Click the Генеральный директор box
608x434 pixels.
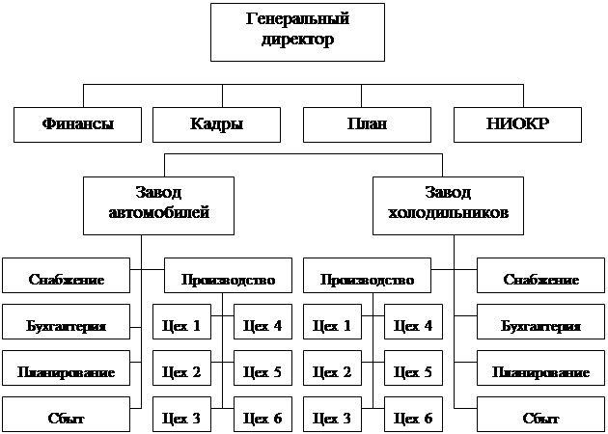pos(297,32)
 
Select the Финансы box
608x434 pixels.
pos(77,124)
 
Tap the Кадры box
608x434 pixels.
pos(216,124)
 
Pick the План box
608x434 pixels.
pos(367,124)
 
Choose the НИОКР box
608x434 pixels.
pos(517,124)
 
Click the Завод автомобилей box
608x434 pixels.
pos(158,205)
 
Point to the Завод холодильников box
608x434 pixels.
pos(448,205)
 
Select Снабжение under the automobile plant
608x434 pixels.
pos(66,275)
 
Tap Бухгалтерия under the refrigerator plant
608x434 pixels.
pos(540,321)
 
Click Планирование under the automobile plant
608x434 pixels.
pos(66,368)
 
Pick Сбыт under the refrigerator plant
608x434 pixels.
pos(540,415)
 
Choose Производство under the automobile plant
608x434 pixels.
pos(228,275)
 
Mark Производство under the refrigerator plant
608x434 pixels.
pos(367,275)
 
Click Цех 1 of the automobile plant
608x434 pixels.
pos(181,321)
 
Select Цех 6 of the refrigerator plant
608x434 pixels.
pos(413,415)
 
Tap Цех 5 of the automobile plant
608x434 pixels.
pos(263,368)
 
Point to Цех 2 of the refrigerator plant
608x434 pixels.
pos(332,368)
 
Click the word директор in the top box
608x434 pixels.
pos(297,40)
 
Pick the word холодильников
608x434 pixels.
pos(448,213)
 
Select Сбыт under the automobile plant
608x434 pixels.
pos(66,415)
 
